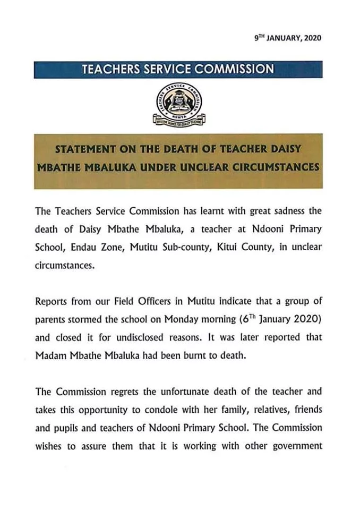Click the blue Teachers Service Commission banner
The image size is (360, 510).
pos(178,69)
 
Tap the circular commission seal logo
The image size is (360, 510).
pos(179,106)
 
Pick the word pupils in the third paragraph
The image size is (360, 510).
pos(70,428)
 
